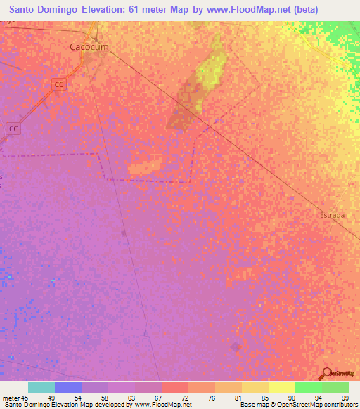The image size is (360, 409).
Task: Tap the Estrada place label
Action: (332, 215)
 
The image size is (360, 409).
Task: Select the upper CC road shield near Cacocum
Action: (59, 84)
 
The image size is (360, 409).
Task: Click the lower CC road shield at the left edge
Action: (13, 129)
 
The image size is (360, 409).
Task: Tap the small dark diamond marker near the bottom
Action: (235, 346)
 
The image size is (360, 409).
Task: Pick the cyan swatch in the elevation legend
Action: (41, 387)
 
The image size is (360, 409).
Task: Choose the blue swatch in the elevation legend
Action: (68, 387)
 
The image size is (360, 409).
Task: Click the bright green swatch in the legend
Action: (309, 387)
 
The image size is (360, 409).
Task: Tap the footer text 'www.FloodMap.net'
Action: (162, 405)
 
